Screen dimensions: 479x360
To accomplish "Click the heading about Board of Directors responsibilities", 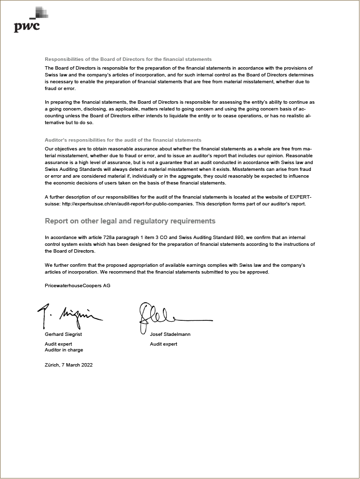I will [128, 59].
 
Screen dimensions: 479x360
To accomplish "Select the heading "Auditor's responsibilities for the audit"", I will [123, 140].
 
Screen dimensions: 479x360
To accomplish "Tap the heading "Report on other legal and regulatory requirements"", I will [130, 221].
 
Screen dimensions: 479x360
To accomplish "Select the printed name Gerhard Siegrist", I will [63, 334].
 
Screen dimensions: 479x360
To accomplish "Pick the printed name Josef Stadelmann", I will [170, 334].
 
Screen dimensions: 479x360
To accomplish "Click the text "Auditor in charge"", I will [64, 350].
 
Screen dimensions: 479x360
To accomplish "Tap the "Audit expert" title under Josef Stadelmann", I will [163, 344].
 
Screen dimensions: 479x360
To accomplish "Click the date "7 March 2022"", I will [77, 365].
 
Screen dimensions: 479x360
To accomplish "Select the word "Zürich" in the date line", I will [52, 365].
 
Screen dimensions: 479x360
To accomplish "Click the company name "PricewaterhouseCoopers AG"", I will [77, 286].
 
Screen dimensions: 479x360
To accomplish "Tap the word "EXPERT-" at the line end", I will [300, 197].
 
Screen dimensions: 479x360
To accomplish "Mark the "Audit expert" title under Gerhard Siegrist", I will [58, 344].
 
